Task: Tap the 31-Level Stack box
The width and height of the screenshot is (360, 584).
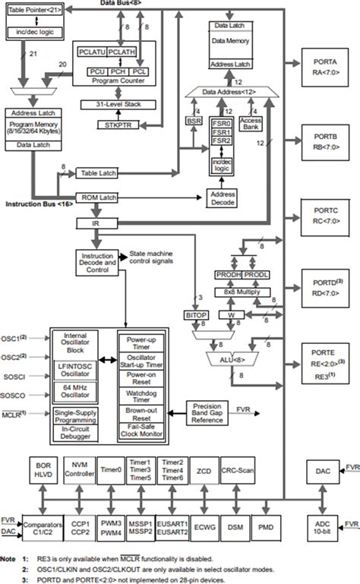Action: click(x=116, y=105)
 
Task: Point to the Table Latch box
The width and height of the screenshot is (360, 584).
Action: click(x=99, y=173)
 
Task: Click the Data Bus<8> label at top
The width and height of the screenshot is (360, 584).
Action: click(x=120, y=4)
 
